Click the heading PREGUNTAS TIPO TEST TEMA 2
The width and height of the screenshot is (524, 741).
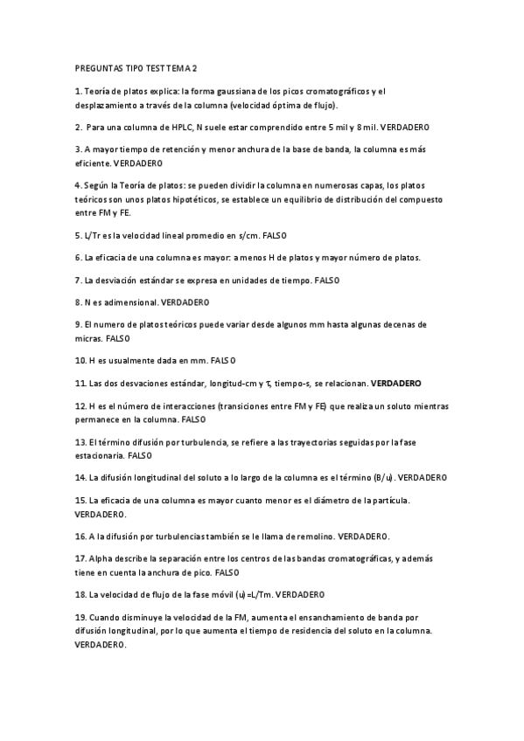coord(136,67)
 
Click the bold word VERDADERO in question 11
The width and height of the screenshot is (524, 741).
coord(396,384)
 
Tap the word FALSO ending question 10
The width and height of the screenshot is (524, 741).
coord(223,361)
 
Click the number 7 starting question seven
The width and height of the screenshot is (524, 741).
coord(78,280)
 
